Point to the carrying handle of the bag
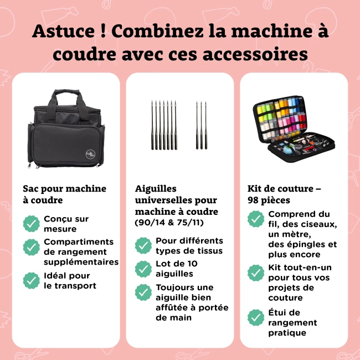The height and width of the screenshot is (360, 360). [x=66, y=99]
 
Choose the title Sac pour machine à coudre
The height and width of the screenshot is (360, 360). [x=64, y=194]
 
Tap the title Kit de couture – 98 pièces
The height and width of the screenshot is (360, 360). [x=284, y=194]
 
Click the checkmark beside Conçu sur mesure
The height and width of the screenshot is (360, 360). [x=31, y=223]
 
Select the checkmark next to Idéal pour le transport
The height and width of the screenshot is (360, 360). [x=31, y=280]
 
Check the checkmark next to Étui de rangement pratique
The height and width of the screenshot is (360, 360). [x=255, y=318]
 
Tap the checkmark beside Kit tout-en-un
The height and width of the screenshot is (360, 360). [x=255, y=272]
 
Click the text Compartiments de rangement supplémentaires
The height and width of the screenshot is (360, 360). [x=81, y=251]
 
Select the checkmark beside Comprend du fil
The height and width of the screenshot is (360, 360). [x=255, y=219]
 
